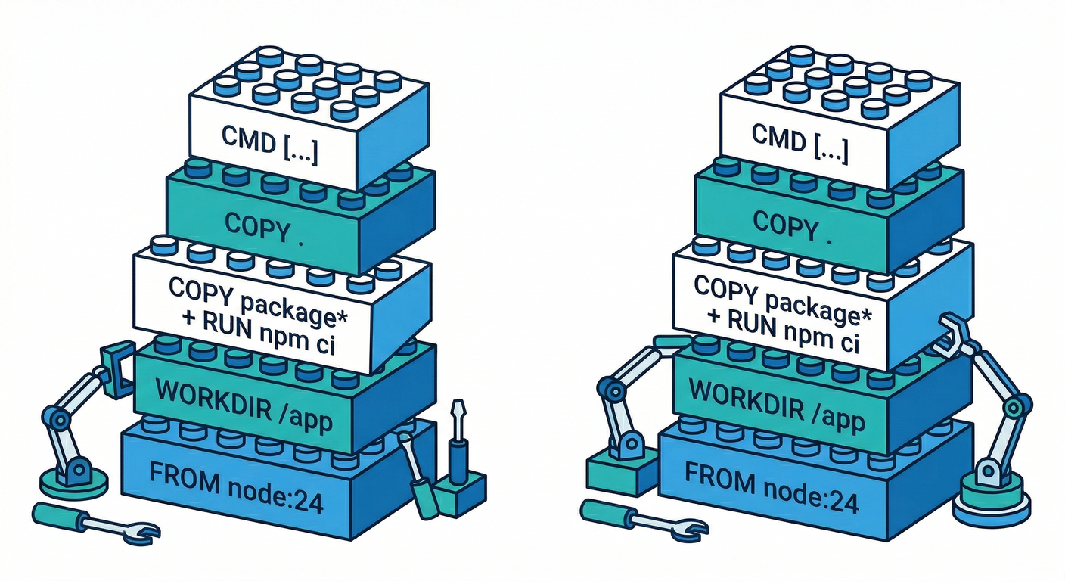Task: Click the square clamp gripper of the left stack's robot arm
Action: coord(117,367)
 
